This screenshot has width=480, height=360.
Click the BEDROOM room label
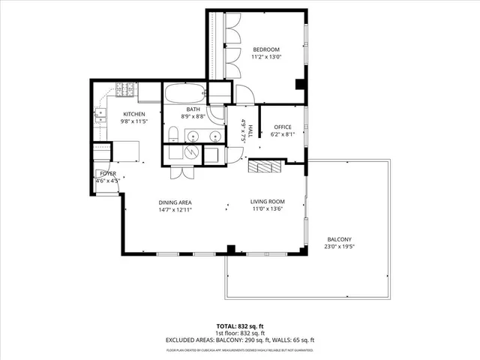266,49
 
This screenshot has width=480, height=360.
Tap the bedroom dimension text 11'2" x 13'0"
266,57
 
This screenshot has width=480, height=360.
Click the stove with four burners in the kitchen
124,92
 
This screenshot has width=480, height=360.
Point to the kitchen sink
99,115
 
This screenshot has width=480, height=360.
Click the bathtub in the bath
184,94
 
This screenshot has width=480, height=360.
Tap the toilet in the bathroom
172,134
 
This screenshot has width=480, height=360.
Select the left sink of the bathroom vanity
193,136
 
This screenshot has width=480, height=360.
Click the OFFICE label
282,127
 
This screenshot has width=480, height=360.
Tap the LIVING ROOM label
267,201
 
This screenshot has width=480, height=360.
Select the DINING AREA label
175,202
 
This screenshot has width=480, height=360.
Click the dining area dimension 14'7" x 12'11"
175,210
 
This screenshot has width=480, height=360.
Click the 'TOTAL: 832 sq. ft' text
239,326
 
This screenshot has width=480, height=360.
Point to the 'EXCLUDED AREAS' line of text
239,341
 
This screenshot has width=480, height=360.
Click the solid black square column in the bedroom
300,84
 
